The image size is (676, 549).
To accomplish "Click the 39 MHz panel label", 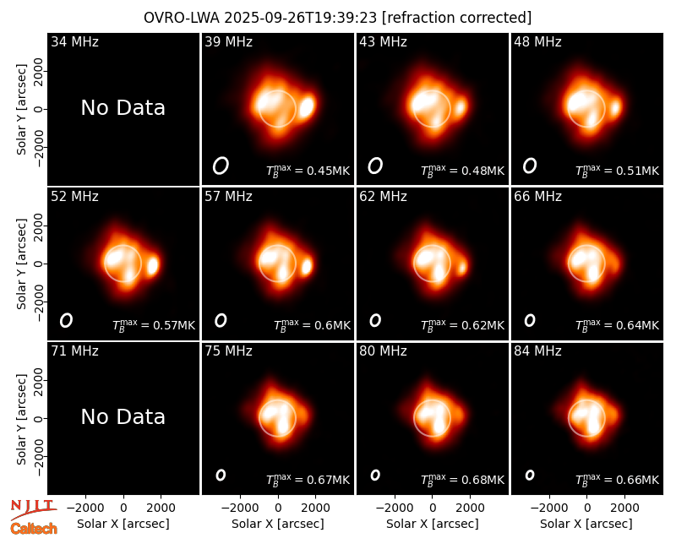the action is [228, 41].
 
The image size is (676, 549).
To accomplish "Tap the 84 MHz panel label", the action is [537, 351].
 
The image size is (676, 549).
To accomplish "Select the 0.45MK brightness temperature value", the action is [328, 171].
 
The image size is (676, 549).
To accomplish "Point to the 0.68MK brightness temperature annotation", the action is [482, 480].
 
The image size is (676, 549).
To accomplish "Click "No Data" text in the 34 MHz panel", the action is [123, 108].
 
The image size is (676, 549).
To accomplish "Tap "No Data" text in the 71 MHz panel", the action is [123, 417].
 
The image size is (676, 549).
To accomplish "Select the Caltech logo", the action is [34, 529].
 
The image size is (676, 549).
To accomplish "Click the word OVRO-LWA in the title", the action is [182, 18].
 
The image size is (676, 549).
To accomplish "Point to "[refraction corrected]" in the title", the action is [457, 18].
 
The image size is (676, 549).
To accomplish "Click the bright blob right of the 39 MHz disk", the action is [307, 106].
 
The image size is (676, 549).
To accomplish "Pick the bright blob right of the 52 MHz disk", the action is [153, 265].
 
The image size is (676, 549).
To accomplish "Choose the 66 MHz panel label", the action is [537, 197].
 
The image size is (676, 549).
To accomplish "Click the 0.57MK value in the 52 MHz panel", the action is [174, 325].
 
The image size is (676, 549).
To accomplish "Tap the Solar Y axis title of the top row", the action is [21, 110].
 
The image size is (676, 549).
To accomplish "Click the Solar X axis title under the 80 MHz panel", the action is [433, 524].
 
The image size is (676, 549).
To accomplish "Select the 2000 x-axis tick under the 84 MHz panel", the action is [624, 508].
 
